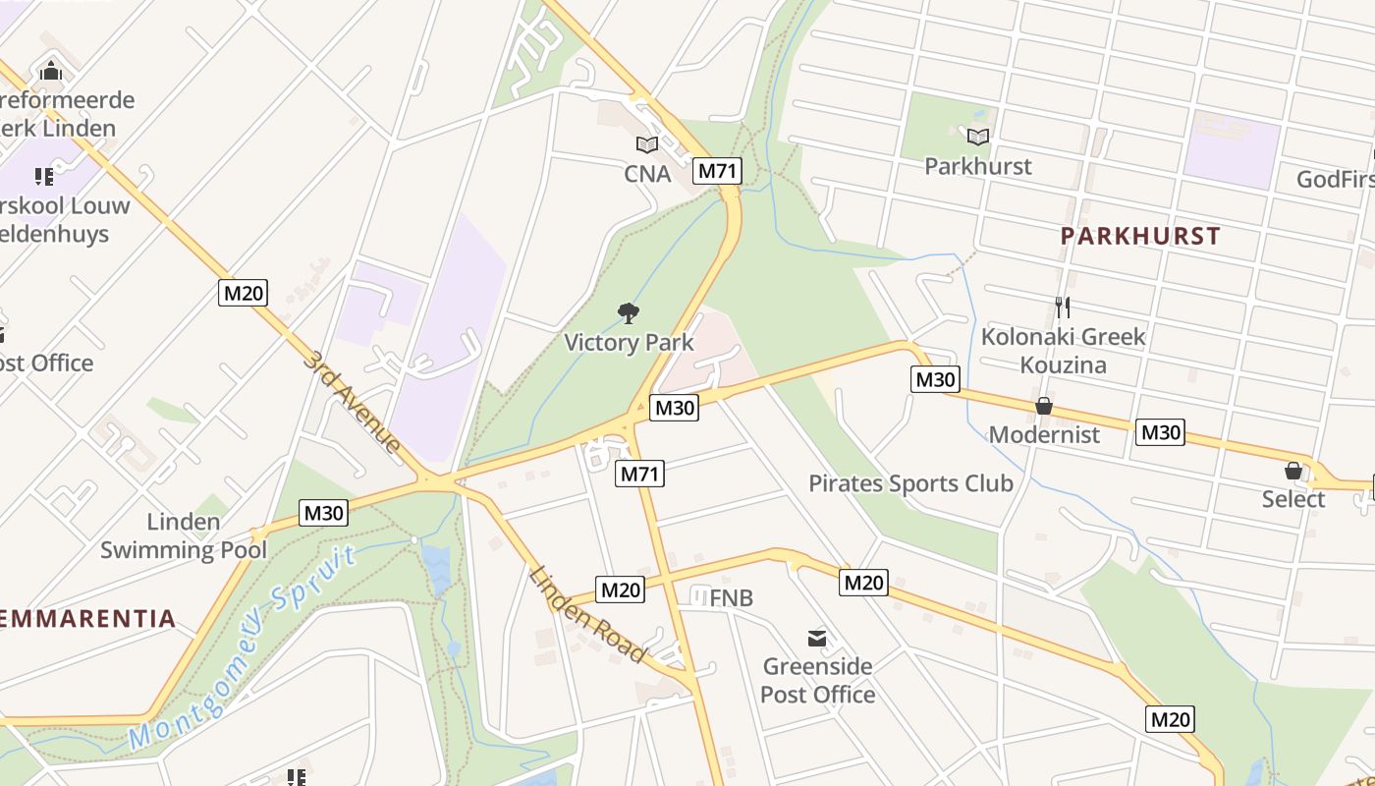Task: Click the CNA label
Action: point(647,174)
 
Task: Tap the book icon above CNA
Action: point(646,145)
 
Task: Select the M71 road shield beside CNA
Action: point(717,170)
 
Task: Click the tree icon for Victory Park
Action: point(629,313)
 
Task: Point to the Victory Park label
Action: point(629,343)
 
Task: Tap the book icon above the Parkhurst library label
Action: point(978,137)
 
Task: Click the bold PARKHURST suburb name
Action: point(1140,236)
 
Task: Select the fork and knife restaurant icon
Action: point(1062,308)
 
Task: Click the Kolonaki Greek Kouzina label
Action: point(1063,351)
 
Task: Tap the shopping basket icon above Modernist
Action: point(1044,406)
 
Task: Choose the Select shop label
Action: point(1293,499)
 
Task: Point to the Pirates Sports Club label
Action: point(910,483)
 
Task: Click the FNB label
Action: point(731,598)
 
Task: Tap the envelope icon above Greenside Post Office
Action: point(816,639)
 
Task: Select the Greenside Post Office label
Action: point(817,680)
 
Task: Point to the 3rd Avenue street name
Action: point(351,402)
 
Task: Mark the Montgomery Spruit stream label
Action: point(244,648)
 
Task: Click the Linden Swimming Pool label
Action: point(184,535)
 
